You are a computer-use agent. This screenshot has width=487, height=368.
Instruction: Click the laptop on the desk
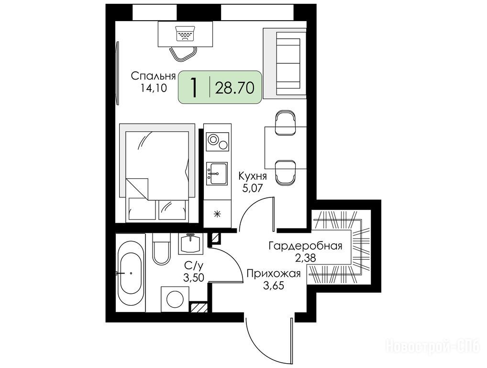186,34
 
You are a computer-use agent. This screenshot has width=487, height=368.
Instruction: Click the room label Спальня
153,76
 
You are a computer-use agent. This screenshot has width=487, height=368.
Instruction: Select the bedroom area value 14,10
154,88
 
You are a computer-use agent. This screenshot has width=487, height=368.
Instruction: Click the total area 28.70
235,88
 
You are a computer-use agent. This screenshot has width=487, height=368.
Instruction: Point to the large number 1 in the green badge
194,87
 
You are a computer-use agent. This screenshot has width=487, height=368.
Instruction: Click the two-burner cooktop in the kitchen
217,141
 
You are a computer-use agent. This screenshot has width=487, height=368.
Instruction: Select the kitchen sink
217,173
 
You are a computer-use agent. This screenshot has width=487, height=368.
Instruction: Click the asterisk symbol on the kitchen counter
217,214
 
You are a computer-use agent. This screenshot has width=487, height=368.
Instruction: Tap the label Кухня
253,176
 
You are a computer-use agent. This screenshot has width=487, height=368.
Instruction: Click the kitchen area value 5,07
253,188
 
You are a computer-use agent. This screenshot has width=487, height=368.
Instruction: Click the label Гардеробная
305,246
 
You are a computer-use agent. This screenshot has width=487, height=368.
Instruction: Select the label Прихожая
274,274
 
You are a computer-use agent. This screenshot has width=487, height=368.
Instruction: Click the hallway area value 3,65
274,285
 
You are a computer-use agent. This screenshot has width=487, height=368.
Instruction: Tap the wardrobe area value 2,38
306,258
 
